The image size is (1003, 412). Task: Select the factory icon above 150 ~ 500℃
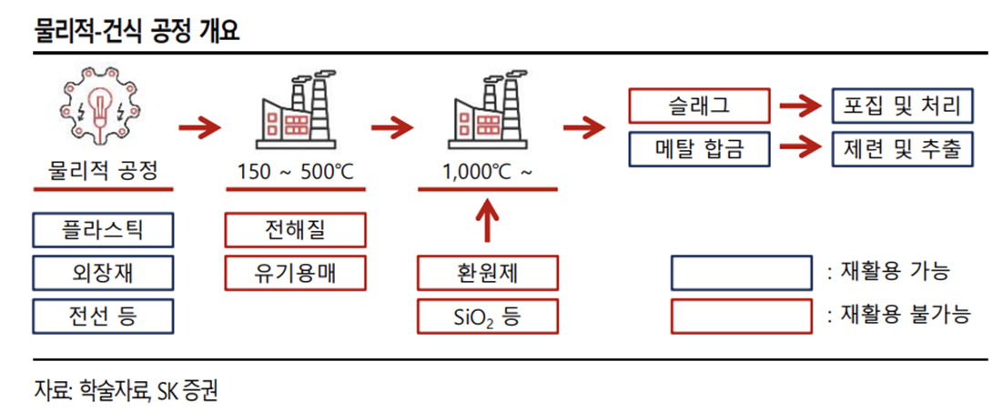(x=295, y=112)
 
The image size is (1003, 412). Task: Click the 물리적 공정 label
(x=102, y=171)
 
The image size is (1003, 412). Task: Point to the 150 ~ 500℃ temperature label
(x=295, y=171)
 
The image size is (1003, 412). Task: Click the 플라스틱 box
(x=101, y=230)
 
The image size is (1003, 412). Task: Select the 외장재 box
(x=101, y=272)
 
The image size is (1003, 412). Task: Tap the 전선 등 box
(x=101, y=315)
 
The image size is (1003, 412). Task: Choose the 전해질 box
(x=295, y=230)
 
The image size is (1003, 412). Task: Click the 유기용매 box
(x=295, y=272)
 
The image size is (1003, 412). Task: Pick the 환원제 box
(x=488, y=272)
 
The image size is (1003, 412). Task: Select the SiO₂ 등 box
(x=488, y=316)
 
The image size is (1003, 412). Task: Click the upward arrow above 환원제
(x=488, y=223)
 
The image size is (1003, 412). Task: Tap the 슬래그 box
(x=699, y=106)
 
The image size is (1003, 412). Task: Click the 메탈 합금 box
(x=699, y=148)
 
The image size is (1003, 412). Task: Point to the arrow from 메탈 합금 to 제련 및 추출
(x=798, y=147)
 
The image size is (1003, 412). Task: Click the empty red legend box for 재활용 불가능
(x=741, y=315)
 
